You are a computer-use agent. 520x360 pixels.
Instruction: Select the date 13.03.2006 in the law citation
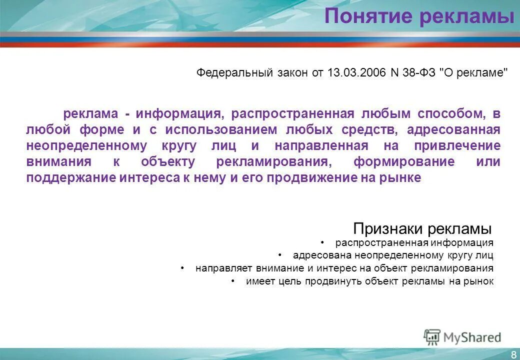click(356, 72)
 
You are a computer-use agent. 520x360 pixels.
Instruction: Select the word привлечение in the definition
click(457, 146)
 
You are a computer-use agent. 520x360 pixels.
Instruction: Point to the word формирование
click(404, 162)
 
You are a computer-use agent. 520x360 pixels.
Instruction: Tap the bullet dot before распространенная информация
click(323, 243)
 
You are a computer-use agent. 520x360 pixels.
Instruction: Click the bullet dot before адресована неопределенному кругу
click(280, 255)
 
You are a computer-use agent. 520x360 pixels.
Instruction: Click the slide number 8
click(513, 354)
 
